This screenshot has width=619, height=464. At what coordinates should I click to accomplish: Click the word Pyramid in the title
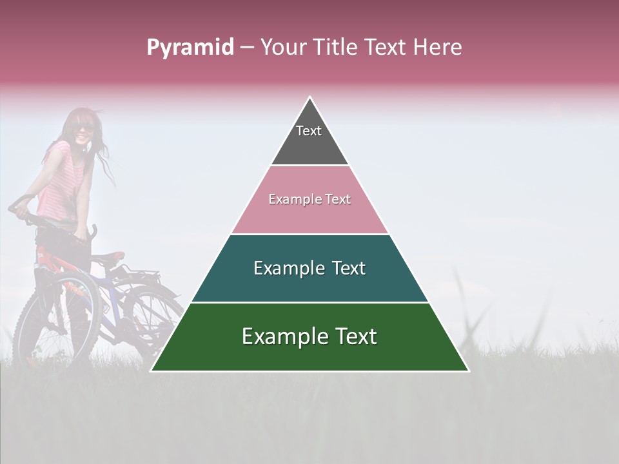(190, 48)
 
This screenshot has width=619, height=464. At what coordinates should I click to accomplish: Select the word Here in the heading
(437, 48)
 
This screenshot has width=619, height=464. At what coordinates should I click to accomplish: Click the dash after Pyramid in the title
(247, 48)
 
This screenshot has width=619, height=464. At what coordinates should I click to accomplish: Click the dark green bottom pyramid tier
(309, 351)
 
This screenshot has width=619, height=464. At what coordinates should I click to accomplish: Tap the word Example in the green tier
(282, 336)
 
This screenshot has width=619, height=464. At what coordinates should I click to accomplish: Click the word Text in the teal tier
(349, 268)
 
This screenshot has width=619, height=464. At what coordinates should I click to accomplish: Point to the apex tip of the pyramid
(309, 98)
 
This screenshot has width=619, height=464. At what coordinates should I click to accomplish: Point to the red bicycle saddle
(111, 256)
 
